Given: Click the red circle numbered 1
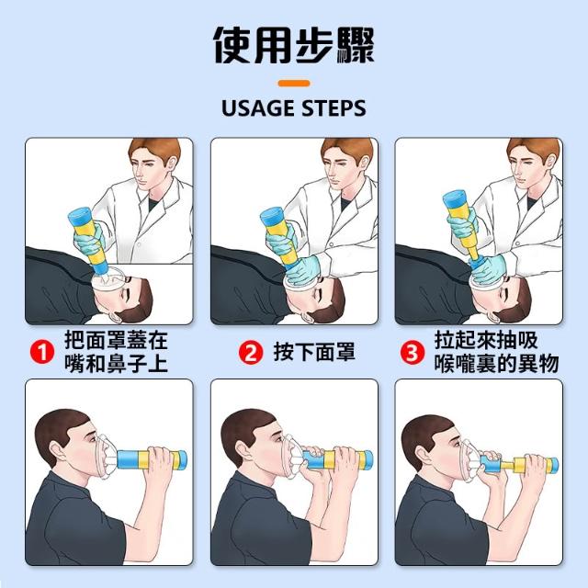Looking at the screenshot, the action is (x=42, y=352).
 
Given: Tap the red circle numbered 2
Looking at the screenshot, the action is (x=251, y=352).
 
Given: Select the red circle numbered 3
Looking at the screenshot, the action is (x=413, y=352).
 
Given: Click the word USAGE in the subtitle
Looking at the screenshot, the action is (x=258, y=108).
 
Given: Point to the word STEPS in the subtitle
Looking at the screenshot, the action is (x=334, y=108).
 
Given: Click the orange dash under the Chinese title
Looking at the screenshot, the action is (x=294, y=84).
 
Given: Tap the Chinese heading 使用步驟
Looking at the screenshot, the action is (x=294, y=45).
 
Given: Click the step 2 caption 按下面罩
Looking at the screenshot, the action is (x=314, y=352).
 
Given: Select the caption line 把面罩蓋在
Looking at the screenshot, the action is (x=116, y=340).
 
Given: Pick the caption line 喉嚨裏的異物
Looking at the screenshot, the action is (x=496, y=363).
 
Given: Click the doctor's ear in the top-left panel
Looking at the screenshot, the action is (x=172, y=164).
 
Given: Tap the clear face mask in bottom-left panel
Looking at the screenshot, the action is (x=106, y=457).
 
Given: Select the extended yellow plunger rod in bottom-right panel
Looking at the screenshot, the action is (x=507, y=466).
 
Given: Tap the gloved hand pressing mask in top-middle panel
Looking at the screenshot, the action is (x=302, y=272).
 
